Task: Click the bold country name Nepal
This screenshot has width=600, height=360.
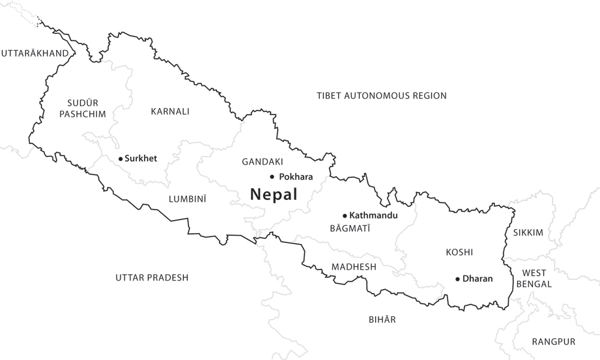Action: point(274,194)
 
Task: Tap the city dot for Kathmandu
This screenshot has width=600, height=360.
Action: point(345,215)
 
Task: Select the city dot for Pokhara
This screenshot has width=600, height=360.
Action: point(272,176)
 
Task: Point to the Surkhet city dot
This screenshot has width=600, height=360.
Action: point(121,158)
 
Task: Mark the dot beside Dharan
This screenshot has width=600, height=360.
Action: point(458,279)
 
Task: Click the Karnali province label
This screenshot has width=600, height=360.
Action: point(170,111)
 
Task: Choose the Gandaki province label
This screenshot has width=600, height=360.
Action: point(262,161)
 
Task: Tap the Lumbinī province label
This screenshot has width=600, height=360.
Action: point(187,199)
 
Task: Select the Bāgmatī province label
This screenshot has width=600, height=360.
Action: point(350,228)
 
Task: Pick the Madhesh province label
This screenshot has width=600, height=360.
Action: point(354,267)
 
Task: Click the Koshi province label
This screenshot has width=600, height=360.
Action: point(459,252)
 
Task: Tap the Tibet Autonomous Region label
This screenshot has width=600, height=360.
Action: point(382,96)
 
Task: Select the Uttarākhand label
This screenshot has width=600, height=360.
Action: point(35,53)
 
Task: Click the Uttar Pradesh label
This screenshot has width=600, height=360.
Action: point(152,277)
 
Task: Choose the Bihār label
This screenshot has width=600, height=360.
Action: point(382,320)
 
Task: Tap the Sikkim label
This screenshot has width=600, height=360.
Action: point(528,232)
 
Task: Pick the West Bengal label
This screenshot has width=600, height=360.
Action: point(534,278)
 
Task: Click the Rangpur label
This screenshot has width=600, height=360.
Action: point(553,342)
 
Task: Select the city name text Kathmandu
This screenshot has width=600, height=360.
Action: point(373,215)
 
